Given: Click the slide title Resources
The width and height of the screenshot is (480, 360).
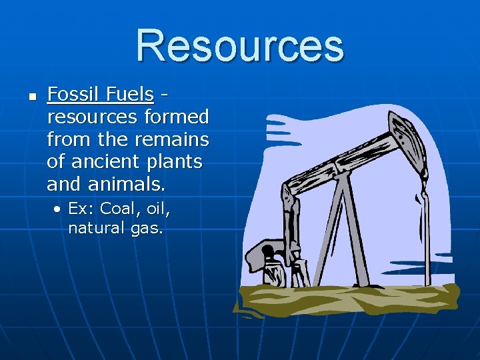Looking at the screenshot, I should point(240,45).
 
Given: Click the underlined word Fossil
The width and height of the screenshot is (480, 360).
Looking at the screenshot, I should point(74,95).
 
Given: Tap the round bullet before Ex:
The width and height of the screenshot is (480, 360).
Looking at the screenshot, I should point(59,209).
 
